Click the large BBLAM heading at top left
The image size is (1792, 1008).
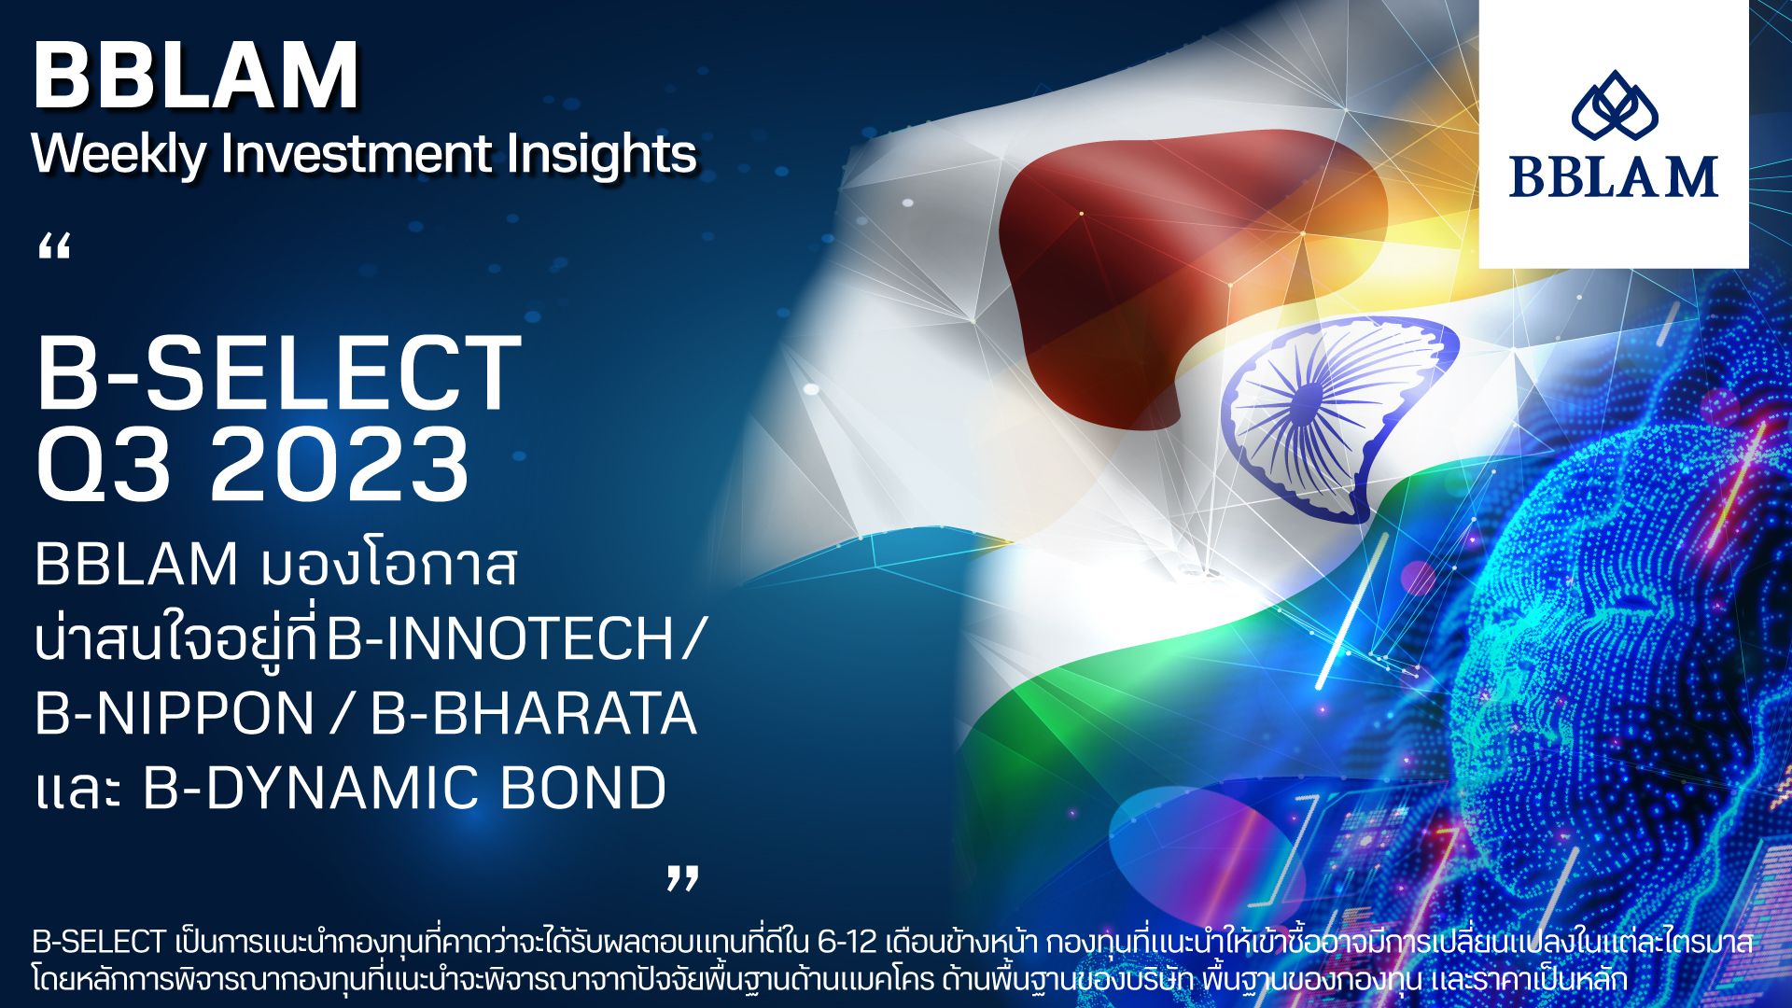(196, 77)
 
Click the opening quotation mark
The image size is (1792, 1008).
(55, 247)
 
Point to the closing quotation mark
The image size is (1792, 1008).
(682, 877)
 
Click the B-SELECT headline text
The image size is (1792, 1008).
(278, 373)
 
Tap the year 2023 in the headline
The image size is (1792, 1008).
(340, 465)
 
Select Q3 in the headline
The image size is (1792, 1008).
(104, 465)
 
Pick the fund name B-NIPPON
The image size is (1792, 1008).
(175, 715)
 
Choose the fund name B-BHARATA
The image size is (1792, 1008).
(533, 715)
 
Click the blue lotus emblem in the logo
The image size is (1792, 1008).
(1614, 111)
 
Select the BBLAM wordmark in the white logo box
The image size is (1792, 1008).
(1614, 176)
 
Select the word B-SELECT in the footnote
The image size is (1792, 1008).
(100, 943)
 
